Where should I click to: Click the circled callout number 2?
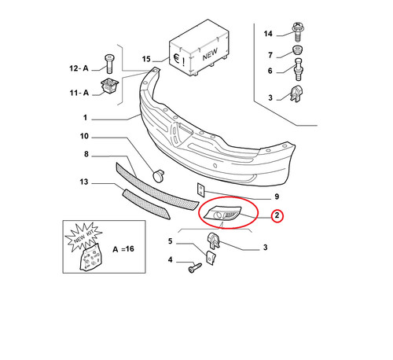pos(277,215)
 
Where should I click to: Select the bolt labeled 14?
pos(297,32)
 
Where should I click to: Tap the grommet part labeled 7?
pos(297,50)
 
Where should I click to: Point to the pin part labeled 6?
pos(299,69)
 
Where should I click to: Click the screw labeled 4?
pos(195,268)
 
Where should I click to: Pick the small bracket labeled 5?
pos(211,258)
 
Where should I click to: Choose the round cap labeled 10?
pos(158,175)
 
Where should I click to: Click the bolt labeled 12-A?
pos(109,64)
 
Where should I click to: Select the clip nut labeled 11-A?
pos(109,86)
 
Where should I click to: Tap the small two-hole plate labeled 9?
pos(200,189)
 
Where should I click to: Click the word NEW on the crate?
pos(210,54)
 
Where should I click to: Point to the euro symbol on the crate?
pos(177,59)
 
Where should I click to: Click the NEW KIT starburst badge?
pos(83,237)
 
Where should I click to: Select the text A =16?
pos(123,249)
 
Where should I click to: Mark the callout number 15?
pos(146,59)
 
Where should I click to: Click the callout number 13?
pos(84,182)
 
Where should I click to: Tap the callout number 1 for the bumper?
pos(85,117)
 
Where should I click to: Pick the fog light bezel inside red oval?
pos(223,213)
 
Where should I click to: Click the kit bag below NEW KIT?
pos(90,258)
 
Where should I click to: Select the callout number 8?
pos(86,154)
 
